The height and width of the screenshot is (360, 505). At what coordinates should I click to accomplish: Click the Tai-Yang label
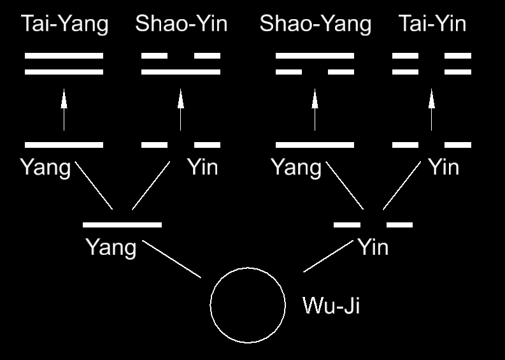[64, 24]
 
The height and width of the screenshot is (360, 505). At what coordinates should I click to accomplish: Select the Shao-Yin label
[181, 24]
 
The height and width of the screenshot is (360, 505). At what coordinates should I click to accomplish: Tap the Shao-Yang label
[315, 24]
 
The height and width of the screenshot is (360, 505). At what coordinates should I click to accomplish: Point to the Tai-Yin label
[432, 24]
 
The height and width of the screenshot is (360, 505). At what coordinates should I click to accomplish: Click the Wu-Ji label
[331, 306]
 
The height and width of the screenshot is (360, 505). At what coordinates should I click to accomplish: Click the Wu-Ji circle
[248, 305]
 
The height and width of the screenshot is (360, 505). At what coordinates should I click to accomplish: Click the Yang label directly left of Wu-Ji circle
[111, 247]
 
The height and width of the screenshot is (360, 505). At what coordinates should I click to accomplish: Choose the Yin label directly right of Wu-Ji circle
[373, 247]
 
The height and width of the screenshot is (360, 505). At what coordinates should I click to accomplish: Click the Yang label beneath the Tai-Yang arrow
[45, 168]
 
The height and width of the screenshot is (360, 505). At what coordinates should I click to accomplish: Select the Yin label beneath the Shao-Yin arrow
[203, 168]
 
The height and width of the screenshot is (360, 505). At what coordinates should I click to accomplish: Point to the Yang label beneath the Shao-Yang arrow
[296, 168]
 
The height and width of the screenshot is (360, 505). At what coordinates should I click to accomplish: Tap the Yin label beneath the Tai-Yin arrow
[443, 168]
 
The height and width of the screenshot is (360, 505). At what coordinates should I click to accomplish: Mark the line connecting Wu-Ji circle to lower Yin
[329, 257]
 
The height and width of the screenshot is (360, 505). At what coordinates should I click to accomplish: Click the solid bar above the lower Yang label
[122, 224]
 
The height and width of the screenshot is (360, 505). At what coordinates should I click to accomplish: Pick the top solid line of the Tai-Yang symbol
[64, 56]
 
